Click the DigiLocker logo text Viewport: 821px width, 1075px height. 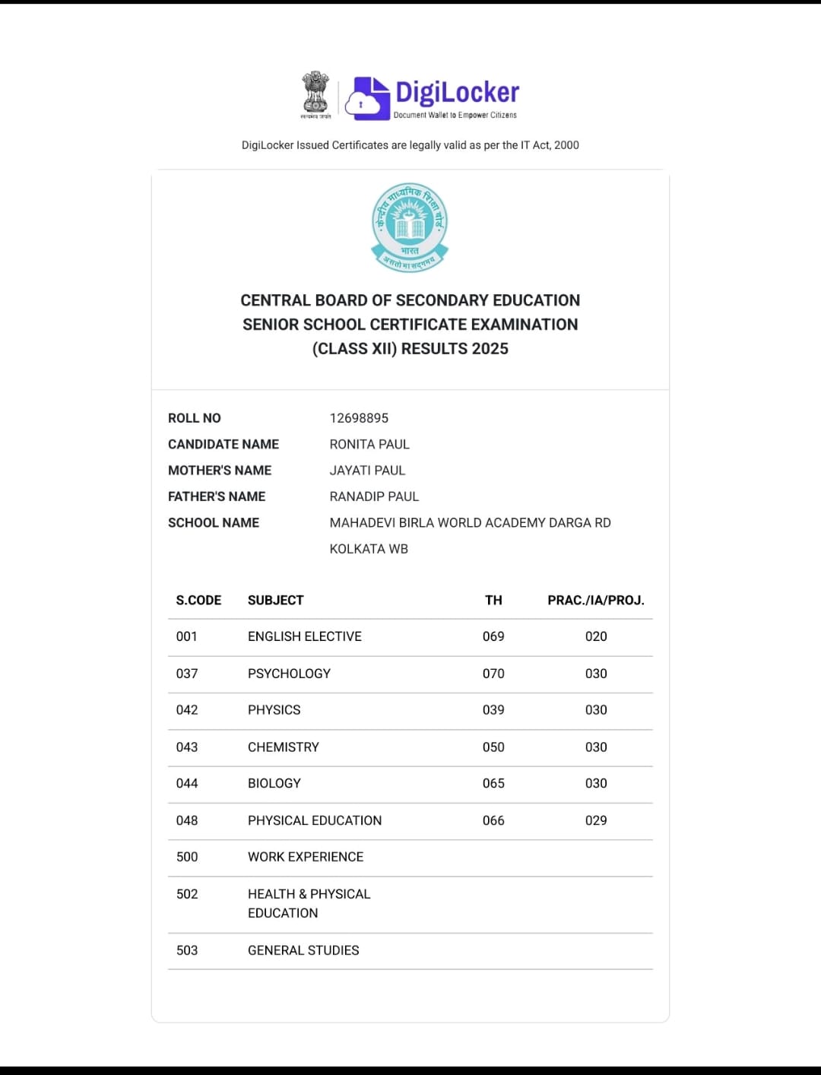457,93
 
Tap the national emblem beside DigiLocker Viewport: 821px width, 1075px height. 315,94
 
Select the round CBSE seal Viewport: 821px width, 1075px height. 410,227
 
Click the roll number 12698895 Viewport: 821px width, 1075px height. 359,418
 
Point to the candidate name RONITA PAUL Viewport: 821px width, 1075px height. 369,444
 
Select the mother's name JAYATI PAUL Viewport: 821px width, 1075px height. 367,471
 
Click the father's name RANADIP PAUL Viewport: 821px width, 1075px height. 374,496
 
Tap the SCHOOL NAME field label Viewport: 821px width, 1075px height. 214,523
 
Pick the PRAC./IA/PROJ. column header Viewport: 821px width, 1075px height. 596,601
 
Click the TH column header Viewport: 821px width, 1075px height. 493,601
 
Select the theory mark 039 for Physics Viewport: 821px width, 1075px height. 493,710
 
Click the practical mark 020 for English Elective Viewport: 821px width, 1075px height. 596,636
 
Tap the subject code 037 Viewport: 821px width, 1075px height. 187,674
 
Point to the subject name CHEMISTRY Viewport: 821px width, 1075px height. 284,747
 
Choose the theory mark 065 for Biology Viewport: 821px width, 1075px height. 493,783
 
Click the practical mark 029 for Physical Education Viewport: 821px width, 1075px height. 596,820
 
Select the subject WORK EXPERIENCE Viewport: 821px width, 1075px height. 306,857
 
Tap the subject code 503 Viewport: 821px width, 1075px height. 187,950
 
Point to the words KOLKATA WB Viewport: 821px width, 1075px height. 369,549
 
